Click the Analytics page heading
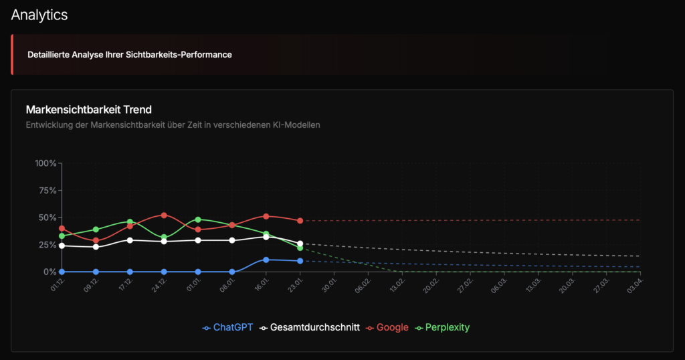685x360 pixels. [39, 15]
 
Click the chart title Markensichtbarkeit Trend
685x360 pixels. [88, 109]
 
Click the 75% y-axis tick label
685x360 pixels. [47, 190]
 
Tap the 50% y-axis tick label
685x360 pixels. [47, 217]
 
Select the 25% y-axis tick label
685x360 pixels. [47, 245]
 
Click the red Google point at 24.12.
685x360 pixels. [164, 215]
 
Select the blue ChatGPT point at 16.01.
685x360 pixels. [266, 260]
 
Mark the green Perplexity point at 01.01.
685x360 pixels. [198, 219]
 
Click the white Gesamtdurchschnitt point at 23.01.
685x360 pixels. [300, 244]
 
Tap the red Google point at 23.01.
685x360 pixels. [300, 221]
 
